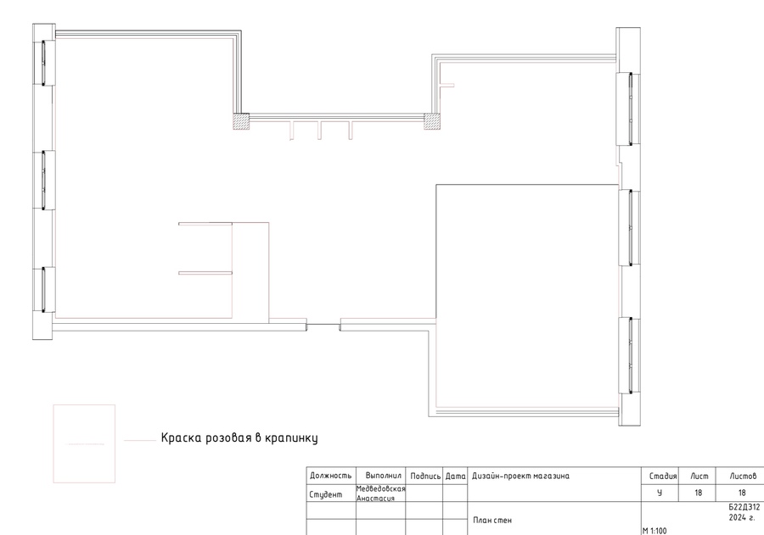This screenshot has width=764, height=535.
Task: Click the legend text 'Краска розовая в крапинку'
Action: pos(239,437)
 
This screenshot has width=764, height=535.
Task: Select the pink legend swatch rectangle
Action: pos(84,443)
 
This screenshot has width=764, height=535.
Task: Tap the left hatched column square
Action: pos(241,121)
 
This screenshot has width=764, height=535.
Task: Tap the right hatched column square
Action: pos(432,121)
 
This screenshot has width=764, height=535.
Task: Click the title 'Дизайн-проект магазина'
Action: pos(520,476)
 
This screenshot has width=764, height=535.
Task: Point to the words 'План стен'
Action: pos(492,520)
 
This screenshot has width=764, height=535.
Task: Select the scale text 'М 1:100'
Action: pos(654,531)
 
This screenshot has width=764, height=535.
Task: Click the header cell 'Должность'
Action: pos(331,476)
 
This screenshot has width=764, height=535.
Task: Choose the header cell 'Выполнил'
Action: pos(384,476)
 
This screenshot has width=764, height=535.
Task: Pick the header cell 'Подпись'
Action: pos(425,476)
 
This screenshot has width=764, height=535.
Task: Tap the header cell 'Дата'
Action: pos(456,476)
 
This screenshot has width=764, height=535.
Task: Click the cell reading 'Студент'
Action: pos(325,494)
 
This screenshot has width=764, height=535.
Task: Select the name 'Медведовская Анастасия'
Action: pos(381,493)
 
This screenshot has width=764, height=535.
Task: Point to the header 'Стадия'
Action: pos(663,476)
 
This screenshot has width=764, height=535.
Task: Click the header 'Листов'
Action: pos(743,476)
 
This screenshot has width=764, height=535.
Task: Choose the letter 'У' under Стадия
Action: pos(660,493)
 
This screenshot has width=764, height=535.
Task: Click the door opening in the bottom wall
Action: pos(323,325)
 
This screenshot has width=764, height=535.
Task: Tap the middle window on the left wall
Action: pos(43,180)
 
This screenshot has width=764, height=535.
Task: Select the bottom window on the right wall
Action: pos(630,355)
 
